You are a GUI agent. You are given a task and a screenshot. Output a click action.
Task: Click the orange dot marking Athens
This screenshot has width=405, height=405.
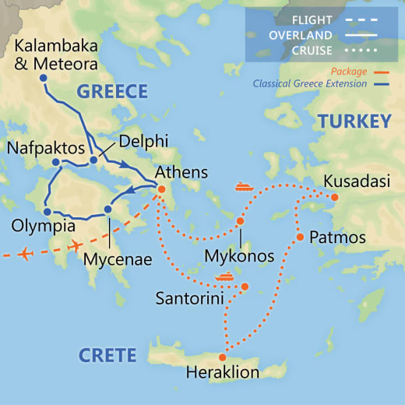click(161, 189)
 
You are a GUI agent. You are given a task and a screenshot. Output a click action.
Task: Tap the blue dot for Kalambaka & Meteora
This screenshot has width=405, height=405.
click(43, 79)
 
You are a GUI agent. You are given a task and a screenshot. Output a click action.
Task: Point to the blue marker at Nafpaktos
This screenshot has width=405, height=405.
click(56, 162)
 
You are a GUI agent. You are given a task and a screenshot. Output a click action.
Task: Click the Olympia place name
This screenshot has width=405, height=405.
click(44, 227)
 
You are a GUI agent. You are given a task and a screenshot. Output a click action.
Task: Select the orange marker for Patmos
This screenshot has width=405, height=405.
click(300, 237)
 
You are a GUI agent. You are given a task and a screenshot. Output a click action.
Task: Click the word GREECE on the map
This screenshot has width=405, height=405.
click(112, 92)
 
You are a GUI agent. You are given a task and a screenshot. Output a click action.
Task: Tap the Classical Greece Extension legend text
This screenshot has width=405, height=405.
click(312, 84)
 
